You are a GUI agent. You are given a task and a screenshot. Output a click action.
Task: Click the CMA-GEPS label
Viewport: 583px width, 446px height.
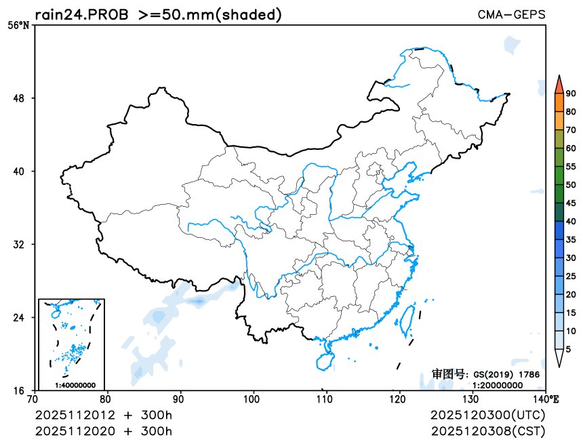511,14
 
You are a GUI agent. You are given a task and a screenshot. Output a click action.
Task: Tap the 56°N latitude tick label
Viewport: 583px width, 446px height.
18,26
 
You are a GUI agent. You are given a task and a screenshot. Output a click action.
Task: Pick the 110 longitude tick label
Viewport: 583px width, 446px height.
327,399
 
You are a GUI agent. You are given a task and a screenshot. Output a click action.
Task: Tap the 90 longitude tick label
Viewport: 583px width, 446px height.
180,399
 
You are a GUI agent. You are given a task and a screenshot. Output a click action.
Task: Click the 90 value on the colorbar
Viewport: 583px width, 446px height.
571,94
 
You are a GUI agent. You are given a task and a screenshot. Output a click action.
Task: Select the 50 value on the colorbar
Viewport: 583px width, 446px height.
571,185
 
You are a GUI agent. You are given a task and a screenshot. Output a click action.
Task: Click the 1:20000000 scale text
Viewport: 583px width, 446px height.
497,384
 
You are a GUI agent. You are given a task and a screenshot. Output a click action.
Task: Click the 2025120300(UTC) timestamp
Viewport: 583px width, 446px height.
487,415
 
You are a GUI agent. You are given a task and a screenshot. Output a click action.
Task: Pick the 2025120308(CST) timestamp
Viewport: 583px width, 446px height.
487,430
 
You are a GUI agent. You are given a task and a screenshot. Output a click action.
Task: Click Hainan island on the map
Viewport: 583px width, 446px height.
325,354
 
